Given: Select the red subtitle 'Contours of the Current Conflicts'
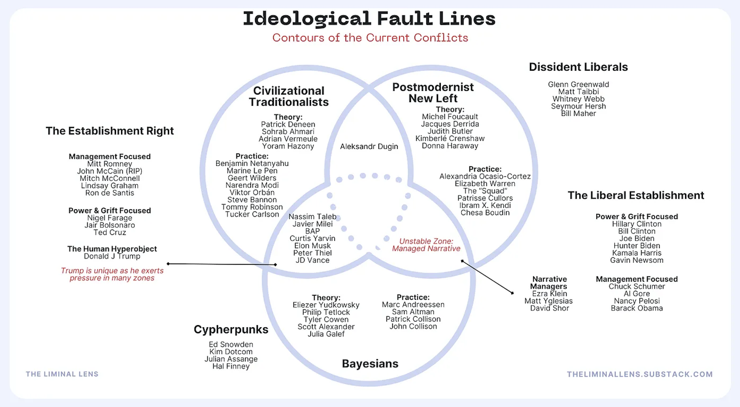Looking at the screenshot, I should pos(370,38).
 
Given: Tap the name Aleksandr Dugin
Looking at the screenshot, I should pos(369,146).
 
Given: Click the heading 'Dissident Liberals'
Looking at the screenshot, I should pos(578,67).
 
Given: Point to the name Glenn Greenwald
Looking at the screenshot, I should pos(578,85).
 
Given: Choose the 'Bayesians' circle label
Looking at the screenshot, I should pos(370,364).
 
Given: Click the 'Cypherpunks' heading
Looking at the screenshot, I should pos(231,329).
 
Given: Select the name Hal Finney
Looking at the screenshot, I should pos(231,366).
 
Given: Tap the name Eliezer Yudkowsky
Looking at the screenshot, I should pos(326,305).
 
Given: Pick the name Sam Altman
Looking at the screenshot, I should pos(413,312).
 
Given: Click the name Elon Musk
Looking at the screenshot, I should pos(312,246).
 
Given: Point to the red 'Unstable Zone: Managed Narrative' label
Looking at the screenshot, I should pos(426,245).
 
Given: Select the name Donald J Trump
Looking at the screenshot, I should pos(112,256).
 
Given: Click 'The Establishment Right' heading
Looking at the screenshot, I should pos(110,131).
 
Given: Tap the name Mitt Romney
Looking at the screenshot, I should pos(110,164).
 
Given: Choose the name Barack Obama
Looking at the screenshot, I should pos(637,308).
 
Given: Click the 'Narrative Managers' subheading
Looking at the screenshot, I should pos(549,283).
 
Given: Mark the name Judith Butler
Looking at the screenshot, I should pos(450,131).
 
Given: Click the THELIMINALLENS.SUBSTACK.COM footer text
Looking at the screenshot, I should pos(639,374).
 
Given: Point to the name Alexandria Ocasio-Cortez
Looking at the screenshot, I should pos(485,176).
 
